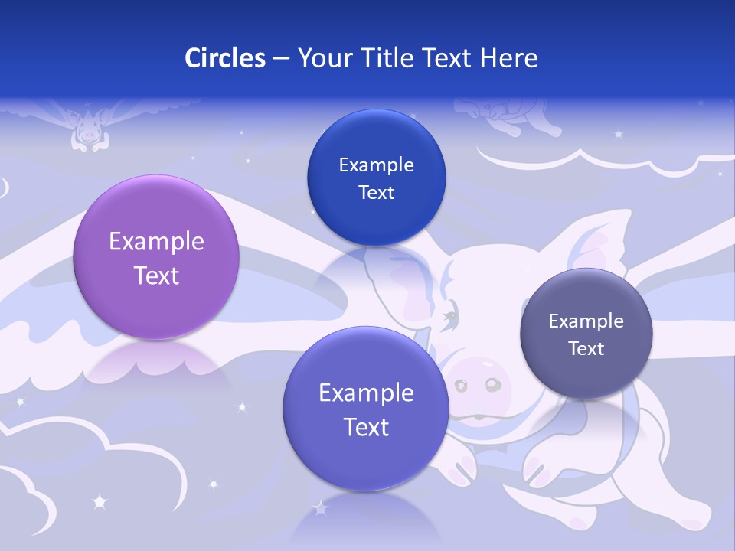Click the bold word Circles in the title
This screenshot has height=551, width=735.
(224, 58)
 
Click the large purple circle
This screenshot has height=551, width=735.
(156, 257)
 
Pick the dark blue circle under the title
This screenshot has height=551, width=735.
(376, 178)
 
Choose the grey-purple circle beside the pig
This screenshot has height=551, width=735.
(586, 334)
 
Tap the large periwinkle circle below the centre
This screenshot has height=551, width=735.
(366, 409)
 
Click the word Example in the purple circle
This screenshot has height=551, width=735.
(156, 242)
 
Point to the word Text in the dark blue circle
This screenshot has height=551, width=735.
(376, 192)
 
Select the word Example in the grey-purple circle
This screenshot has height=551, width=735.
(586, 321)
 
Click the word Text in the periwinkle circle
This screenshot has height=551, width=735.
(366, 426)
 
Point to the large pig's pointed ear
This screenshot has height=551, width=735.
(605, 237)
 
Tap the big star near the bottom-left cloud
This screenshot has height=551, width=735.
(99, 502)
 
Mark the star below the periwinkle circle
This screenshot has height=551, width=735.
(320, 507)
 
